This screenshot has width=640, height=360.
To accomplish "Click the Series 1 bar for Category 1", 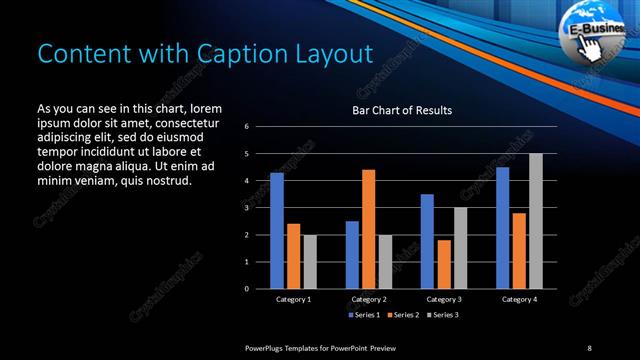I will (x=277, y=231).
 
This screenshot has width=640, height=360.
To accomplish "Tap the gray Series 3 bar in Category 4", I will (x=536, y=221).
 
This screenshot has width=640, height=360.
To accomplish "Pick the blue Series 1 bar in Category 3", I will (x=427, y=241).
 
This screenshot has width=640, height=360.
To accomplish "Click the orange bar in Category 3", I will (x=444, y=264).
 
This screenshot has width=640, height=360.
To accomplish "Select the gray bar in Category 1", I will (x=309, y=261).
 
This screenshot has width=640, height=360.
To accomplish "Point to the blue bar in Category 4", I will (x=503, y=228).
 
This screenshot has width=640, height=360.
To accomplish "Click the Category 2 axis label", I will (x=369, y=299).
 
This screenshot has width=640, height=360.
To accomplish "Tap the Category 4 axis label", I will (x=519, y=299).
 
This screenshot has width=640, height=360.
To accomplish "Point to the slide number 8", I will (x=589, y=346).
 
